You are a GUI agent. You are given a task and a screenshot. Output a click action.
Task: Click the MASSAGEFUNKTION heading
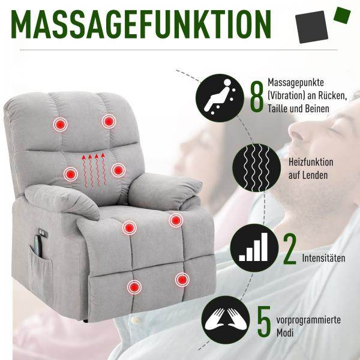(141, 25)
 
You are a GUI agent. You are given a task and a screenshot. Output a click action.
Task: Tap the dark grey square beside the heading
(311, 27)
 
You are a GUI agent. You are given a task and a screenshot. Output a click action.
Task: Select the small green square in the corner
(342, 15)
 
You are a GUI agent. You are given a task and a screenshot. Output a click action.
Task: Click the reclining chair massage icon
(220, 98)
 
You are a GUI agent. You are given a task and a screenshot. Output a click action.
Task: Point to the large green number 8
(257, 97)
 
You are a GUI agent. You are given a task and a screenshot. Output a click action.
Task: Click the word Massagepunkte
(296, 82)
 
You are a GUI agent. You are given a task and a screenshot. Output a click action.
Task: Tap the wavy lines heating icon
(256, 167)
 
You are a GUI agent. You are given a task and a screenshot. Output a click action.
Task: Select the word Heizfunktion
(311, 162)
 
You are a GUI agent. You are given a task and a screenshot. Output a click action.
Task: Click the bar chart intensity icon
(254, 248)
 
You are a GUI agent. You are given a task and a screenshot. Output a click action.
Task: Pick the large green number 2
(290, 248)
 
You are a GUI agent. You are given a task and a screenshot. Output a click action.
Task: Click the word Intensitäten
(323, 258)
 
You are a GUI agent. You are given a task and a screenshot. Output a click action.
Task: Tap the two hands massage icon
(226, 320)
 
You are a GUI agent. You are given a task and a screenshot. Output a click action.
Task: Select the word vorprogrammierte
(308, 320)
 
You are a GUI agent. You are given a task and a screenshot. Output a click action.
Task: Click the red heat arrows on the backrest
(94, 170)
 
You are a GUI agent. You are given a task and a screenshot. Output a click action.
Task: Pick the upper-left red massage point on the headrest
(60, 124)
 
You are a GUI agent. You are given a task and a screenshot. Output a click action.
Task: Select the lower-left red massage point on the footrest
(134, 287)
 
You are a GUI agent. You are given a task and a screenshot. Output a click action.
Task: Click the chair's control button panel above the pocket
(43, 233)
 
